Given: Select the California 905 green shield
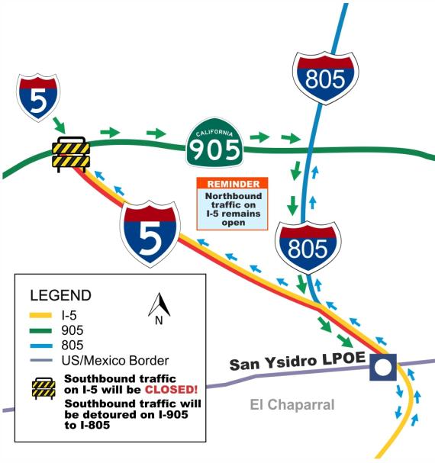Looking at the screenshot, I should (x=216, y=143).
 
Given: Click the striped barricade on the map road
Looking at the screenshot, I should (x=70, y=154).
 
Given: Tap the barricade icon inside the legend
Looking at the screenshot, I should (x=45, y=388).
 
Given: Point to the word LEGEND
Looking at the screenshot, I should (x=60, y=295).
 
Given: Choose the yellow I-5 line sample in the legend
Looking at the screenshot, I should (x=45, y=314).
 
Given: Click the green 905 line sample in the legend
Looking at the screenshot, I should (x=45, y=330).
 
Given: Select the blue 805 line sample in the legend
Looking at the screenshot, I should (x=45, y=345).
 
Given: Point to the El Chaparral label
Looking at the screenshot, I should (x=292, y=404).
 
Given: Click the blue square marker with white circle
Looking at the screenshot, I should (x=383, y=367).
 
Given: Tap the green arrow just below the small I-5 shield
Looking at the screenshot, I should (x=58, y=124).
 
